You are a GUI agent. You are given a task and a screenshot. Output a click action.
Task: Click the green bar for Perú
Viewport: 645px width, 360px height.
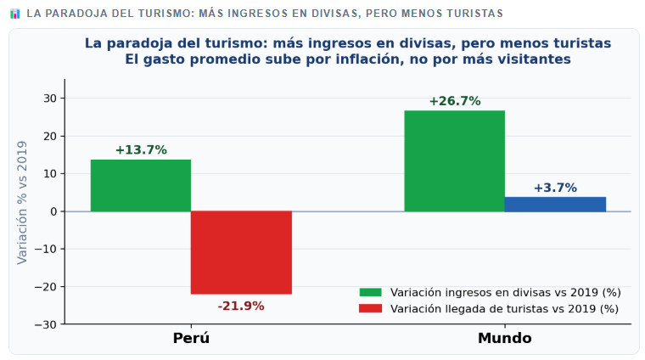(x=141, y=185)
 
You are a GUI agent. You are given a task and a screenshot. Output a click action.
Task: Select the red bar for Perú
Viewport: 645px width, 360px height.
(x=241, y=252)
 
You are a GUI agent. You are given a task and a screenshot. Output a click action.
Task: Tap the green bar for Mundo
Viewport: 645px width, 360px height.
(x=454, y=160)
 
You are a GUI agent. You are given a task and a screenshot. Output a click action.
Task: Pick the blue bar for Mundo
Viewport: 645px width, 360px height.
(x=555, y=204)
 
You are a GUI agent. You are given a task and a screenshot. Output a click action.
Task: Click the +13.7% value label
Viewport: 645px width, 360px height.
(x=141, y=150)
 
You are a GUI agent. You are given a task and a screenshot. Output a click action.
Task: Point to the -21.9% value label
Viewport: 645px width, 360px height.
(x=241, y=306)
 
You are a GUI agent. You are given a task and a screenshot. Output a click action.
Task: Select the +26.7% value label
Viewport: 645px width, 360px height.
(x=455, y=101)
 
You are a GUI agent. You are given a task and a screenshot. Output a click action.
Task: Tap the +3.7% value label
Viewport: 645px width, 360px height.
(x=555, y=188)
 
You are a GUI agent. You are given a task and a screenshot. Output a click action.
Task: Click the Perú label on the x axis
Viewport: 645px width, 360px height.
(x=191, y=338)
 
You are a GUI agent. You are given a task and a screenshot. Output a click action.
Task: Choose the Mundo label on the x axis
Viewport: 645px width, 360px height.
(x=505, y=338)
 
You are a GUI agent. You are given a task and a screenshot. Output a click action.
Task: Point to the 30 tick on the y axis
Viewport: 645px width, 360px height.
(x=50, y=98)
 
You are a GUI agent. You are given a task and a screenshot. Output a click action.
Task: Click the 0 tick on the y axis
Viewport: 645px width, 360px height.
(x=53, y=211)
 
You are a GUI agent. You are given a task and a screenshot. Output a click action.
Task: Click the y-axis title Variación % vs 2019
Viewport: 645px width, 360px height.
(x=23, y=202)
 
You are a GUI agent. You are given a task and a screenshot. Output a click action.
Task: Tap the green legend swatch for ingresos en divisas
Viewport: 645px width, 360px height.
(x=371, y=292)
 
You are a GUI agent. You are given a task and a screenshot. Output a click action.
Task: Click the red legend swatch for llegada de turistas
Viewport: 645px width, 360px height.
(x=371, y=309)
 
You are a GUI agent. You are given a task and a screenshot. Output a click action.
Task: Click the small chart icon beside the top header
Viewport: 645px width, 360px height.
(x=14, y=14)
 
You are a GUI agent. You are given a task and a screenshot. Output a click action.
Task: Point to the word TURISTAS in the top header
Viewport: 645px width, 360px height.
(x=474, y=14)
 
